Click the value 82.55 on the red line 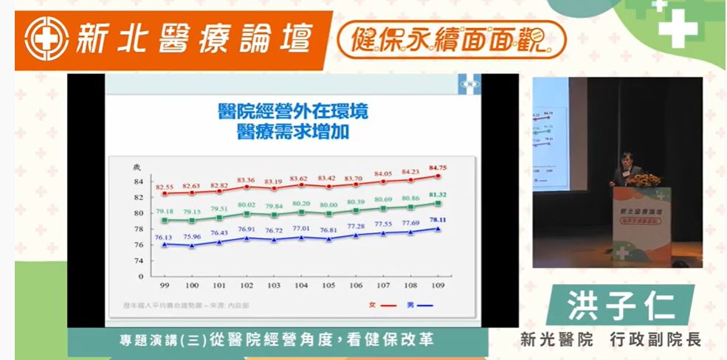point(163,187)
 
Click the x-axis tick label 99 point(164,284)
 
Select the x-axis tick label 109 point(439,284)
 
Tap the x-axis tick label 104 point(301,284)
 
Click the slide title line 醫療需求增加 point(293,133)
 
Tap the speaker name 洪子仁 point(618,305)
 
